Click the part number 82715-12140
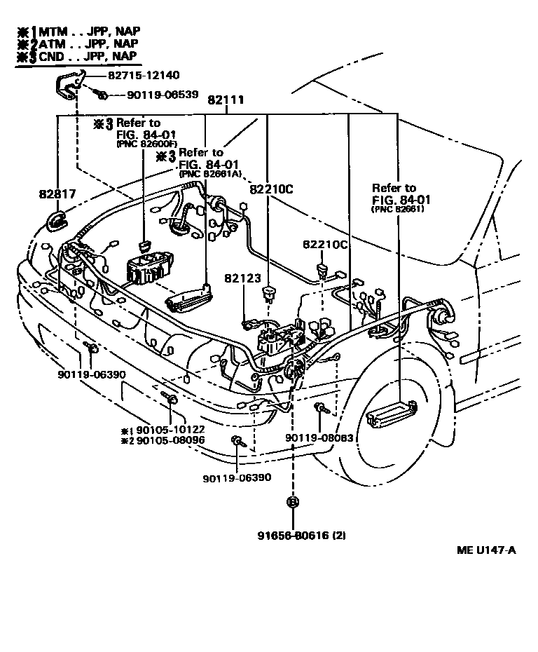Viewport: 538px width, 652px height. [x=143, y=76]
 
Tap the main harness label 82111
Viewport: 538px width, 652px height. [x=226, y=100]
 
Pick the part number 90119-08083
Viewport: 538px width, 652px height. [x=319, y=437]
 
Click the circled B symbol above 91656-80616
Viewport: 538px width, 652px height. [x=292, y=501]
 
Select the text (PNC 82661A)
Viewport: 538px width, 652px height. [x=209, y=173]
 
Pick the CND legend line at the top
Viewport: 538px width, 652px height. [x=81, y=56]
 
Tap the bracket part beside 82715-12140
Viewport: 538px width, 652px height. [x=69, y=85]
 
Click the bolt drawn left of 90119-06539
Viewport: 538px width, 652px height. [x=101, y=94]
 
